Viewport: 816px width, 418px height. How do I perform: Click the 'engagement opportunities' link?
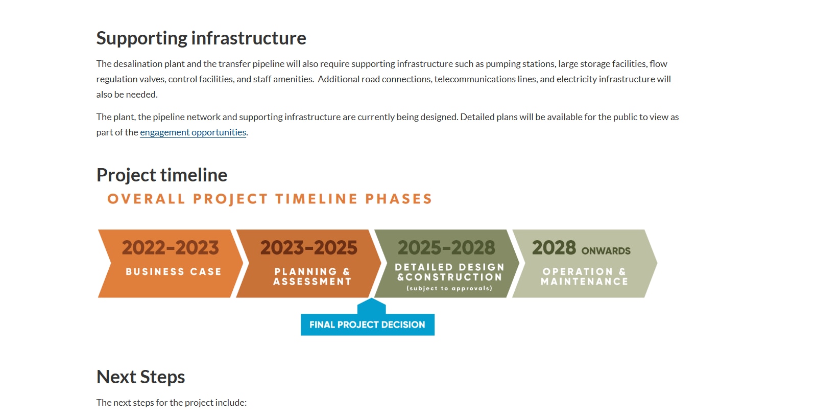click(193, 132)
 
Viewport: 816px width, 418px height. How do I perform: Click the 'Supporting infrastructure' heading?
click(201, 38)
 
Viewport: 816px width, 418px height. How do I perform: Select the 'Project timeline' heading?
click(162, 175)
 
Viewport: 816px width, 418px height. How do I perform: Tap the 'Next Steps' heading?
click(140, 377)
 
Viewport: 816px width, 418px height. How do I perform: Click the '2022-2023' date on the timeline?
click(170, 248)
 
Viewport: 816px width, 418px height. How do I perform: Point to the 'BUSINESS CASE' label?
click(174, 272)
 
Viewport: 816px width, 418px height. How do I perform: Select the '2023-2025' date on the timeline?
click(308, 248)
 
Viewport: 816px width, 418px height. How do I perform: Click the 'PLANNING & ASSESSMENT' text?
click(312, 276)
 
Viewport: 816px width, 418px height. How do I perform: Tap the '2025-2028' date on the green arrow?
click(446, 248)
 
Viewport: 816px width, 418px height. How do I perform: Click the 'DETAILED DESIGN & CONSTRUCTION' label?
click(449, 272)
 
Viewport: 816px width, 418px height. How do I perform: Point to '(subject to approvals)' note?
click(449, 289)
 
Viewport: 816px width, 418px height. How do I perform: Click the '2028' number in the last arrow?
click(554, 248)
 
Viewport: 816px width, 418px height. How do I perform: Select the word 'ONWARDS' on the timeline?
click(606, 251)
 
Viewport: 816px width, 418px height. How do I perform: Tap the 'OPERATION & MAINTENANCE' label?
click(584, 276)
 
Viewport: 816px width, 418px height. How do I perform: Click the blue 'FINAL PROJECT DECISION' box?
click(367, 325)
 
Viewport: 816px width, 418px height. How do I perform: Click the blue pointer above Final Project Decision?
click(371, 306)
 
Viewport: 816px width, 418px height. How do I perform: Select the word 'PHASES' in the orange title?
click(399, 199)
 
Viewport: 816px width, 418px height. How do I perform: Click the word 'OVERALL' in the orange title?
click(146, 199)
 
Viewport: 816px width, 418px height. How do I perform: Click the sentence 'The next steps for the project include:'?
click(172, 403)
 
